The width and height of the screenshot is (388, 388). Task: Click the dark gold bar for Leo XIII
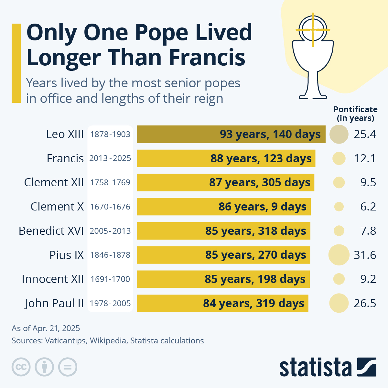231,134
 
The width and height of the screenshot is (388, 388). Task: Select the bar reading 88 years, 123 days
226,158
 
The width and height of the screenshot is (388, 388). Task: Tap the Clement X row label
57,207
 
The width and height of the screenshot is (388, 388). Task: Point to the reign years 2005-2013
110,231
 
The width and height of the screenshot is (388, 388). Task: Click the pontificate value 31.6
365,255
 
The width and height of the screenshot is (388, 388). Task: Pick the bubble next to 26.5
339,303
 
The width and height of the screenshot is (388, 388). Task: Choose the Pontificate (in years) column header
355,114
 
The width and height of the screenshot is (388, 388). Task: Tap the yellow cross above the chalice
313,30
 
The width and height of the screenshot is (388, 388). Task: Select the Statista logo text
315,367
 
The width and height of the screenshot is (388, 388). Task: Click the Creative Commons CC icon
21,367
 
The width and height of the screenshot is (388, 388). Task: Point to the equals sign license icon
68,367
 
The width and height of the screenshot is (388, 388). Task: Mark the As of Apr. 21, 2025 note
46,328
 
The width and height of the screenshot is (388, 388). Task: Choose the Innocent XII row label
53,279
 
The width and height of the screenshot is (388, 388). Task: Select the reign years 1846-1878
110,255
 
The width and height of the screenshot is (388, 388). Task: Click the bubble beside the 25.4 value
339,134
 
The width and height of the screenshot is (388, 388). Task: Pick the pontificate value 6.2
368,207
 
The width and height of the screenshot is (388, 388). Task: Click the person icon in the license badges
45,367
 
